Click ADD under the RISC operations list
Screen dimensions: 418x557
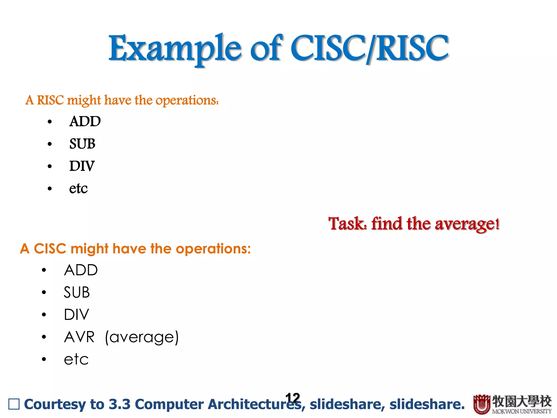pyautogui.click(x=85, y=121)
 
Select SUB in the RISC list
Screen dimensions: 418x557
pyautogui.click(x=82, y=144)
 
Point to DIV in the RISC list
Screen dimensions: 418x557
pyautogui.click(x=82, y=166)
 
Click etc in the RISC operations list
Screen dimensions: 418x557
pyautogui.click(x=78, y=189)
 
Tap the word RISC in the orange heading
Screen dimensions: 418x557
pyautogui.click(x=50, y=100)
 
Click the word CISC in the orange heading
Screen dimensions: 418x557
pyautogui.click(x=50, y=249)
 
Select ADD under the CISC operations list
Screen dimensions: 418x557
pyautogui.click(x=81, y=270)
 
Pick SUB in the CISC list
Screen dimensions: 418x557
pyautogui.click(x=77, y=293)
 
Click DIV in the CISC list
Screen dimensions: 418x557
pyautogui.click(x=76, y=315)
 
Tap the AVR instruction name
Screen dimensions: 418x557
pyautogui.click(x=79, y=337)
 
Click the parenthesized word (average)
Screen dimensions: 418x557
pyautogui.click(x=142, y=337)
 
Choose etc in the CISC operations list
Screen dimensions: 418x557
pyautogui.click(x=76, y=359)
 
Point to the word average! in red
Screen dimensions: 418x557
pyautogui.click(x=467, y=224)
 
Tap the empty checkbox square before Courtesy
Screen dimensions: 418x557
pyautogui.click(x=14, y=404)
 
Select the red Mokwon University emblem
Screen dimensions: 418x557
pyautogui.click(x=482, y=404)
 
